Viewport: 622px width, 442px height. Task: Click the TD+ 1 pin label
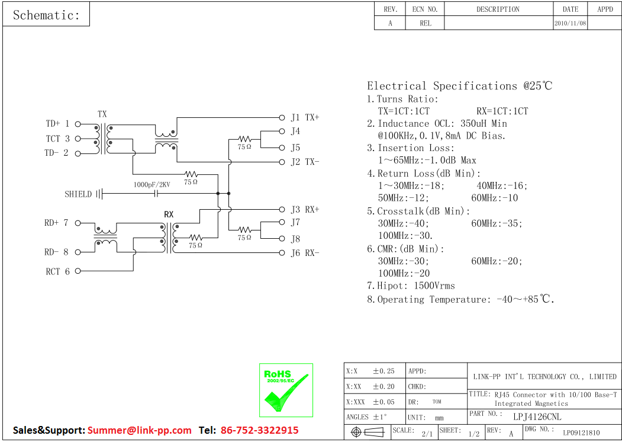57,124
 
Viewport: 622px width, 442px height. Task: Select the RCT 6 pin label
57,271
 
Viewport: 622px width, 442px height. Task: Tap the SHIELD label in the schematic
78,194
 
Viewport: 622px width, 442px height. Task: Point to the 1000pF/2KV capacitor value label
152,185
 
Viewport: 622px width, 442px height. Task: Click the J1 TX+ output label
305,117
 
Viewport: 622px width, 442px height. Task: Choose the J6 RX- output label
305,253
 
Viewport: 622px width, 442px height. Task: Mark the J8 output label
295,239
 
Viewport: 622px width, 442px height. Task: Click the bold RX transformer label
169,214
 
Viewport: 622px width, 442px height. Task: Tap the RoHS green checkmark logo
286,390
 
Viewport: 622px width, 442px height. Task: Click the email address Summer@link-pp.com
140,430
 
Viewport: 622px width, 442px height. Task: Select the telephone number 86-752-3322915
259,430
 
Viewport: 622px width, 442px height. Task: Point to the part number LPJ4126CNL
537,417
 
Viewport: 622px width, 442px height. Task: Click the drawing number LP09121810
581,433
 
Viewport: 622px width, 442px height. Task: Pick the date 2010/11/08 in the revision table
570,23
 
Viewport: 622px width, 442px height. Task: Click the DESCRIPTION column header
498,9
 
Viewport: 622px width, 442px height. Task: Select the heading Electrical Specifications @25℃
459,86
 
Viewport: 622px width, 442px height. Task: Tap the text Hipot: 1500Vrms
416,286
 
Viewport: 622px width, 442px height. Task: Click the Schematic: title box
46,15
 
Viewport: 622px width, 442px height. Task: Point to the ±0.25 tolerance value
383,371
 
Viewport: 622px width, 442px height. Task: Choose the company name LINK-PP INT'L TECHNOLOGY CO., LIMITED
544,376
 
